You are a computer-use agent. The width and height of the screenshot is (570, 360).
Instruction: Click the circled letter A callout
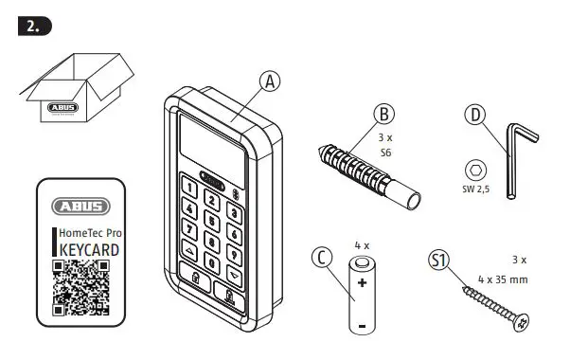point(271,82)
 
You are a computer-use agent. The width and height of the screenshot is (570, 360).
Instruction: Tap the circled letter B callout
point(383,114)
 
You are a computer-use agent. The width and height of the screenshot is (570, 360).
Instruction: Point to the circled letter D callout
point(474,116)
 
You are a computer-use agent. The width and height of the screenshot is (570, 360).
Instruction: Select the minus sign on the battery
point(363,326)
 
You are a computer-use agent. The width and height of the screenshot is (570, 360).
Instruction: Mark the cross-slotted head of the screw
point(519,324)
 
